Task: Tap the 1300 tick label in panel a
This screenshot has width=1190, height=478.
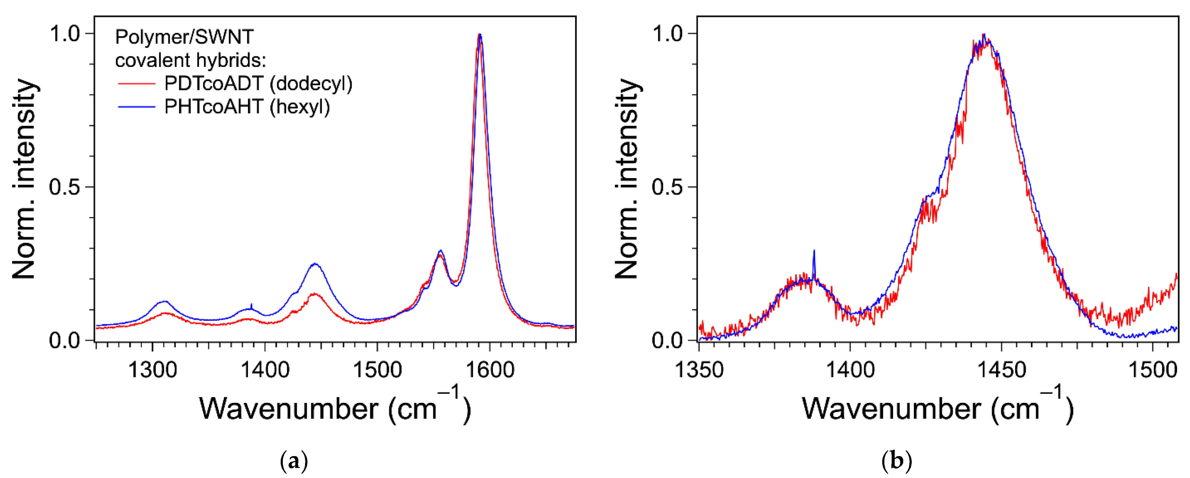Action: coord(152,370)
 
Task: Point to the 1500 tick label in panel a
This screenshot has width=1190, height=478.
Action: coord(377,370)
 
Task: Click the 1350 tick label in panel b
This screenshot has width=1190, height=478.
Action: coord(699,370)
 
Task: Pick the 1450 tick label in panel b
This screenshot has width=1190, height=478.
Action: coord(1001,370)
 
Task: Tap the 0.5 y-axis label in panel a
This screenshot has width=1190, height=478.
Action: coord(65,187)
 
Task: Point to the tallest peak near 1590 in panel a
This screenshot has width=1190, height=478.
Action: coord(480,35)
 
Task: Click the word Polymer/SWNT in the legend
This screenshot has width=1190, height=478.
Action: coord(184,37)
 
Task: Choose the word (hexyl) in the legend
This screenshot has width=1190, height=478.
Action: coord(300,107)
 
